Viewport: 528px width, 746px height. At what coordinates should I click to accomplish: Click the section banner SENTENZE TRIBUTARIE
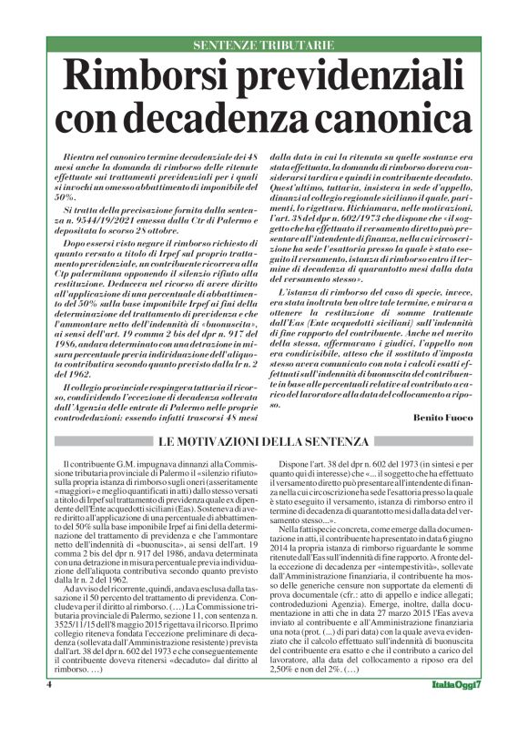pyautogui.click(x=264, y=45)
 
